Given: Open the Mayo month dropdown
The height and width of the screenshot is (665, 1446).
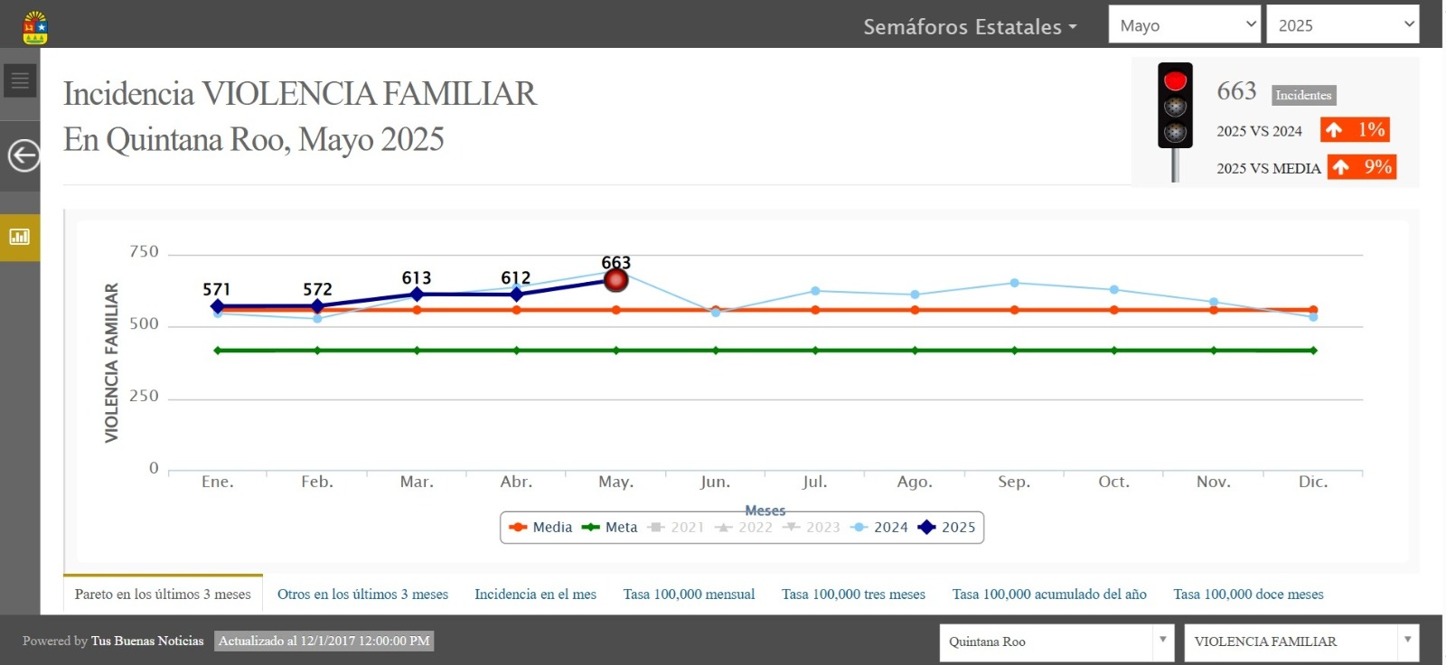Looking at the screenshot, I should pos(1184,25).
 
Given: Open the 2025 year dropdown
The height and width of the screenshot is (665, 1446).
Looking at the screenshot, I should pos(1342,25).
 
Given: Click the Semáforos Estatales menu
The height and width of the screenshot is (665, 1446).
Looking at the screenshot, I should pos(970,27).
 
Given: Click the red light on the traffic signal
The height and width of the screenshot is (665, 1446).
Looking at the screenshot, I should pos(1175,81).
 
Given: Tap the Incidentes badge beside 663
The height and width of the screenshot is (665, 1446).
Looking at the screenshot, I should pos(1303,95).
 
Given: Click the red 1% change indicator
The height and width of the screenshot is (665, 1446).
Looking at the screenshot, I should pos(1354,130).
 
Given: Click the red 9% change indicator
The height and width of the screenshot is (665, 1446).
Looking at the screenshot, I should pos(1362,167).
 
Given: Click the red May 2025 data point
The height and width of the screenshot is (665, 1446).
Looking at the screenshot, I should pos(615,280).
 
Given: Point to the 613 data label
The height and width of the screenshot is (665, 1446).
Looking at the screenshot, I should pos(417,277).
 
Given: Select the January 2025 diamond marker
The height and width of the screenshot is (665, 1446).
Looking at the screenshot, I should pos(218,307).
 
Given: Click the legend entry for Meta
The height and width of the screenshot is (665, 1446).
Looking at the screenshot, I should pos(610,528).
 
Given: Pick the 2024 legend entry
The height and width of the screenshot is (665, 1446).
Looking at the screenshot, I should pos(880,528).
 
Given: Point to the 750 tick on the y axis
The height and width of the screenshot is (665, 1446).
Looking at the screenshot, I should pos(144,251).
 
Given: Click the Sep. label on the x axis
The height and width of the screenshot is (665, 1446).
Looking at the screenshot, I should pos(1014,482).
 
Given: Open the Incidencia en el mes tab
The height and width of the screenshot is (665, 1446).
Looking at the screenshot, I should pos(535,595).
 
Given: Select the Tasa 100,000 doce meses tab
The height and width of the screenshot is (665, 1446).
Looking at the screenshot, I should pos(1248,595).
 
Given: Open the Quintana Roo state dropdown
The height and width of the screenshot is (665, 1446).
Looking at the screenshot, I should pos(1056,642).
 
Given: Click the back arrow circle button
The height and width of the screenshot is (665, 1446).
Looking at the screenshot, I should pos(23,155).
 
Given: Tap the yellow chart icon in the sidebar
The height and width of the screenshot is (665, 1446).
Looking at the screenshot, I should pos(20,237).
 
